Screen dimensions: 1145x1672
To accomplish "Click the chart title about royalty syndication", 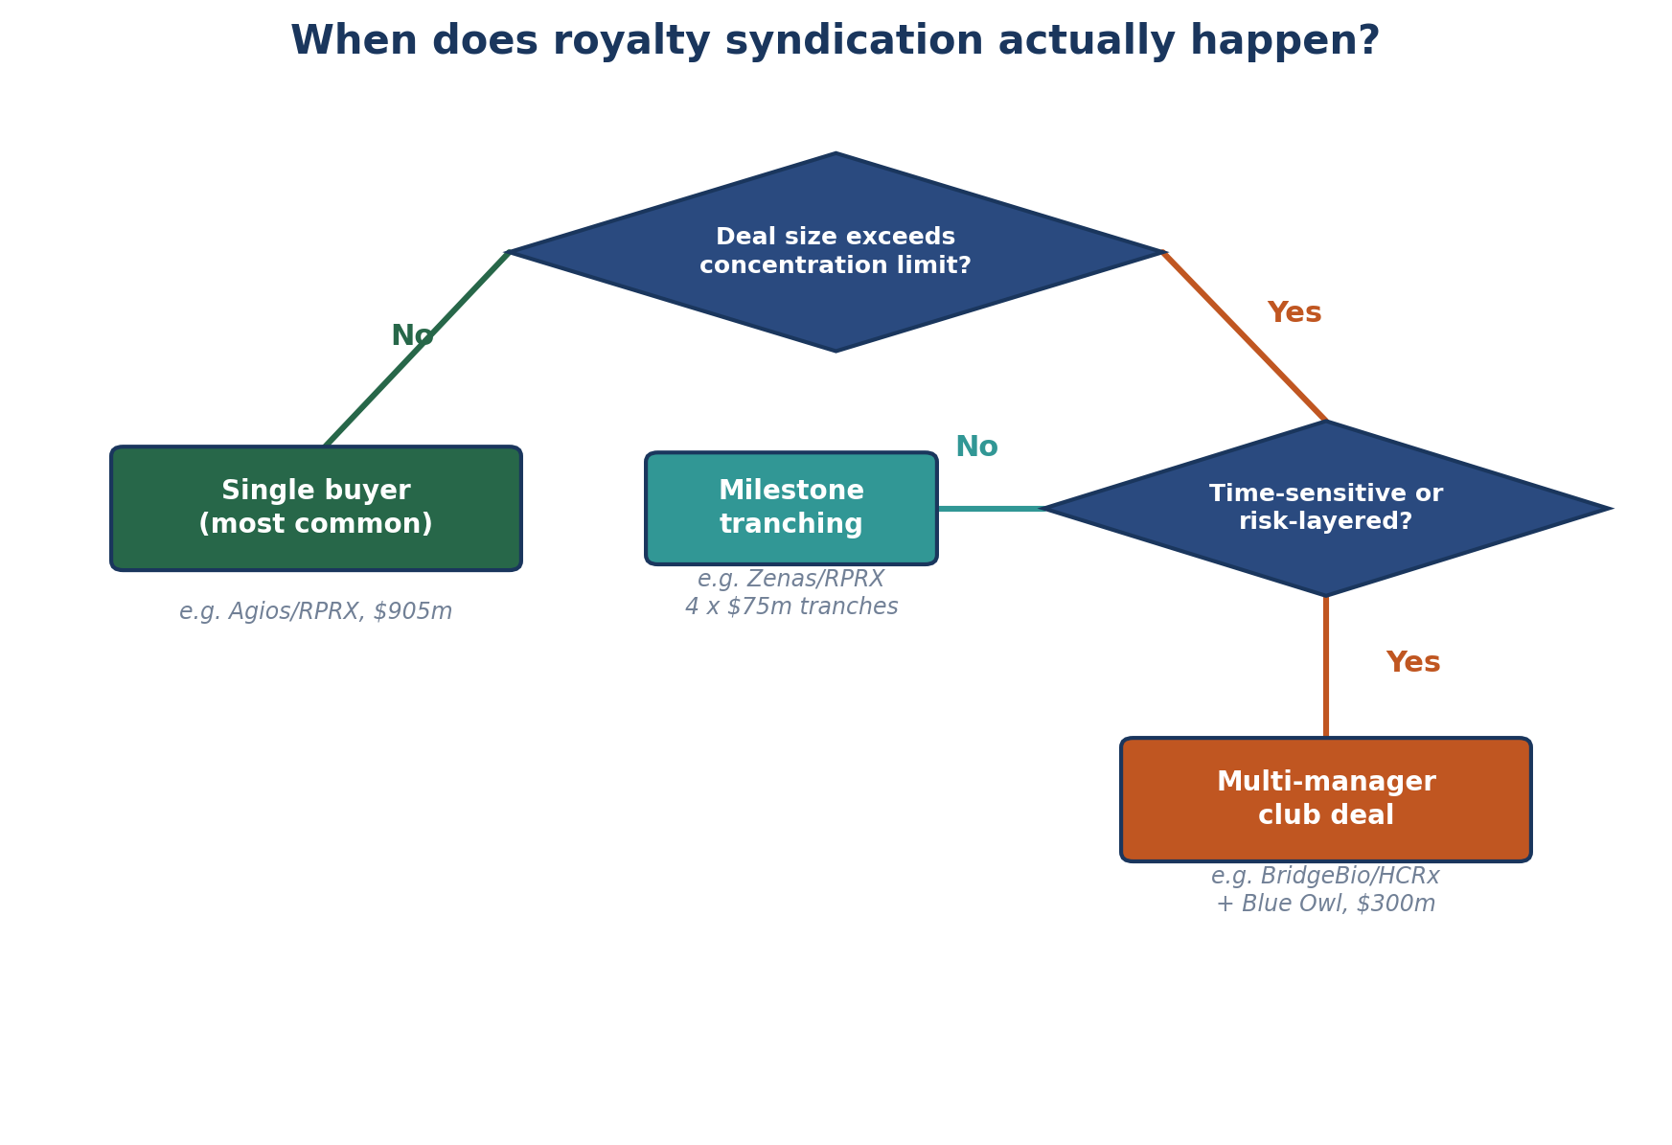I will point(835,42).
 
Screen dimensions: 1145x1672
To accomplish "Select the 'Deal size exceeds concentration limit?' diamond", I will point(835,252).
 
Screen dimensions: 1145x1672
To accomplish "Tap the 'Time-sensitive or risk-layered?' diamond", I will point(1325,508).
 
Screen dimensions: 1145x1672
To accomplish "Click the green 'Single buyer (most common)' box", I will point(315,508).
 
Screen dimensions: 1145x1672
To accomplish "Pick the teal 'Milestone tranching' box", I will point(790,508).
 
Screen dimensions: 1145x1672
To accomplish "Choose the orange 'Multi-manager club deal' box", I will point(1325,799).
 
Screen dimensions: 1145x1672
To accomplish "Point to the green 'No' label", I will point(412,336).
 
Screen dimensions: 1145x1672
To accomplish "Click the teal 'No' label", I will point(976,447).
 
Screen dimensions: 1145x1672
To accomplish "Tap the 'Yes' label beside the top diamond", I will point(1294,313).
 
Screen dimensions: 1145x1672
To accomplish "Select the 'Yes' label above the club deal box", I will point(1412,663).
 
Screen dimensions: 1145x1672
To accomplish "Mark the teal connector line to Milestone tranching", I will point(990,509).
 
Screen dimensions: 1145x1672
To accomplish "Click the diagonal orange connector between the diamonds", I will point(1245,336).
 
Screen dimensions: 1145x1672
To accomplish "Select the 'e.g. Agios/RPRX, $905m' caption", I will point(315,611).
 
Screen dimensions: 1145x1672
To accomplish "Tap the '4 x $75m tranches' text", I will point(790,607).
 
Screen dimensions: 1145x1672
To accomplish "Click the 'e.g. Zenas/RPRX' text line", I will point(790,579).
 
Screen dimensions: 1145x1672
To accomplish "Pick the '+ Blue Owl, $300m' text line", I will point(1325,905).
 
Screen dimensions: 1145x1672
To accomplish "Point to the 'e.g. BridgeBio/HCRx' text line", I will point(1325,876).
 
